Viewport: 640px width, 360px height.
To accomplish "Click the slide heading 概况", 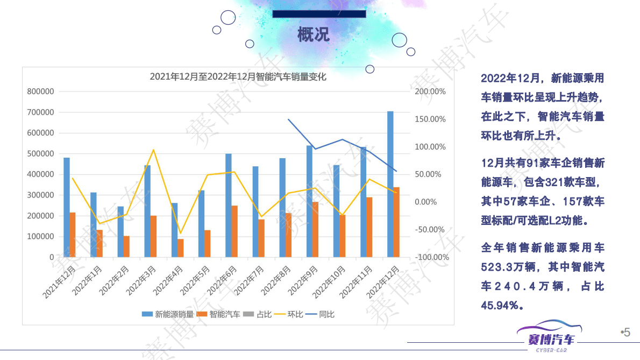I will click(x=314, y=34).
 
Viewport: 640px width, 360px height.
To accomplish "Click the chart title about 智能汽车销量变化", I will click(x=238, y=77).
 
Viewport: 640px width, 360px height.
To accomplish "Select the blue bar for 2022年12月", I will click(x=390, y=183).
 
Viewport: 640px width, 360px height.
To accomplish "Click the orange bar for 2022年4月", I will click(x=181, y=248).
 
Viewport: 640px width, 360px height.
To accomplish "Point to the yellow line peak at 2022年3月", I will click(x=153, y=150).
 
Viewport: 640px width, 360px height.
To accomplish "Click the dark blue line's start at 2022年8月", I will click(x=289, y=119).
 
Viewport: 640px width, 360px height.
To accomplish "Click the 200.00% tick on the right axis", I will click(x=430, y=92).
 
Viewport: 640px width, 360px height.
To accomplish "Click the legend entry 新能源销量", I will click(x=168, y=314).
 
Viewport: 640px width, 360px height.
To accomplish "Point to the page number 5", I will click(x=627, y=333).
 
